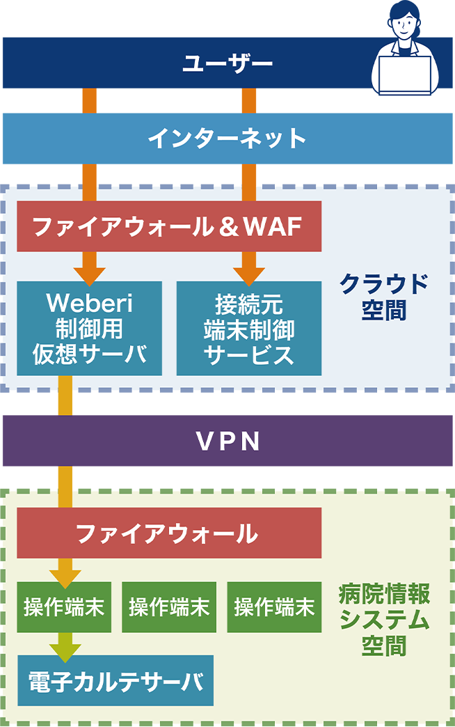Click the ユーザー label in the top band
coord(227,64)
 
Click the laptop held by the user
coord(404,75)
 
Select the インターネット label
coord(227,138)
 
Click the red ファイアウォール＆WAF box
coord(169,226)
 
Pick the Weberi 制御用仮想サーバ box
coord(90,328)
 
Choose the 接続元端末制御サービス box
coord(249,328)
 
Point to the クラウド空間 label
coord(384,297)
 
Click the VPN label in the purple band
coord(227,441)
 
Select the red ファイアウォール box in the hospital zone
coord(169,533)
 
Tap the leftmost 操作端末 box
coord(64,607)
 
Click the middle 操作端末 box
coord(169,607)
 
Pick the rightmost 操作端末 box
coord(274,607)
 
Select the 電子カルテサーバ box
coord(115,680)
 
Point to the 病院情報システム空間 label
coord(384,620)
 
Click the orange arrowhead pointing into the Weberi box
coord(90,273)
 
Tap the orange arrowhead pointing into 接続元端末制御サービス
coord(249,273)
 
